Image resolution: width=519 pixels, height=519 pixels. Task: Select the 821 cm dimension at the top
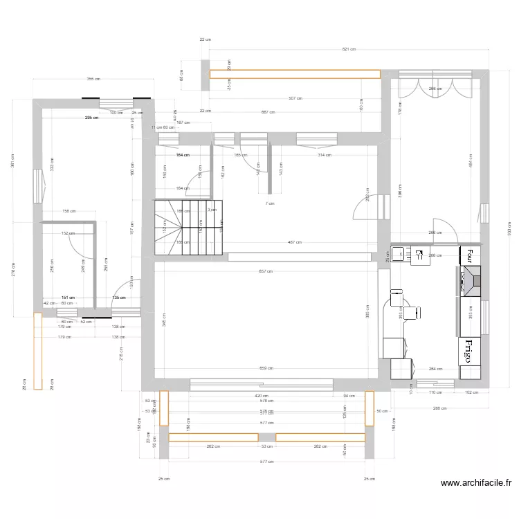(x=349, y=49)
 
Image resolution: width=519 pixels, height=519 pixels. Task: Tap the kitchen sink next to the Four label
(x=400, y=254)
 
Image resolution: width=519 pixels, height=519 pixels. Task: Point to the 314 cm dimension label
(x=325, y=155)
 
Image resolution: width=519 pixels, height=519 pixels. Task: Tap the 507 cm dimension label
(x=295, y=98)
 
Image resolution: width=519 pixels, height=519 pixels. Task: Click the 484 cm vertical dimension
(x=471, y=164)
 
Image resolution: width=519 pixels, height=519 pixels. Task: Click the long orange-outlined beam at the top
(x=295, y=74)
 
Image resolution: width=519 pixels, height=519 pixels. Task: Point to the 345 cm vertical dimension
(x=164, y=319)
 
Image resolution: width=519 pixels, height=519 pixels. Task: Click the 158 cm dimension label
(x=69, y=211)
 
